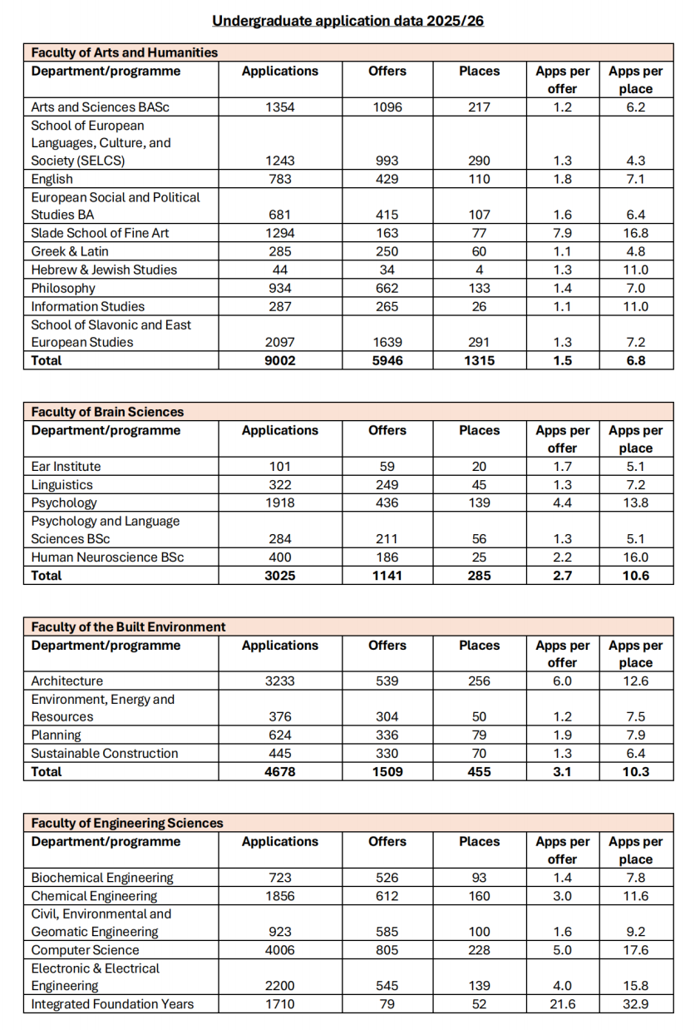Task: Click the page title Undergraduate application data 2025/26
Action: pyautogui.click(x=348, y=20)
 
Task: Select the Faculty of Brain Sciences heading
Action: pyautogui.click(x=107, y=412)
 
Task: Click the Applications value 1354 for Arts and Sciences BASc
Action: pyautogui.click(x=279, y=107)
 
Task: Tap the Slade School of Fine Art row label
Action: pyautogui.click(x=100, y=233)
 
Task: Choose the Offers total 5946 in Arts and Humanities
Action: pyautogui.click(x=387, y=360)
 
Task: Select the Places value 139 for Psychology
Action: pyautogui.click(x=479, y=503)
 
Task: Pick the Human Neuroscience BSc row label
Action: pyautogui.click(x=107, y=557)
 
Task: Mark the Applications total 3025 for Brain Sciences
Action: pyautogui.click(x=279, y=575)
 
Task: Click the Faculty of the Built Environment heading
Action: pyautogui.click(x=128, y=626)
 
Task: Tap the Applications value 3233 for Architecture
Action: pyautogui.click(x=279, y=681)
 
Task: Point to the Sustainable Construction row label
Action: pyautogui.click(x=105, y=753)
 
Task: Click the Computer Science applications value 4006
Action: pyautogui.click(x=279, y=950)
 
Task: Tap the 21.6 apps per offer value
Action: pyautogui.click(x=562, y=1004)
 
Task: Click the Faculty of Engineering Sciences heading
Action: pyautogui.click(x=127, y=823)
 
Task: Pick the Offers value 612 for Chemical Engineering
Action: pyautogui.click(x=387, y=896)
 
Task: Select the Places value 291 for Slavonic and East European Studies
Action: pyautogui.click(x=479, y=342)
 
